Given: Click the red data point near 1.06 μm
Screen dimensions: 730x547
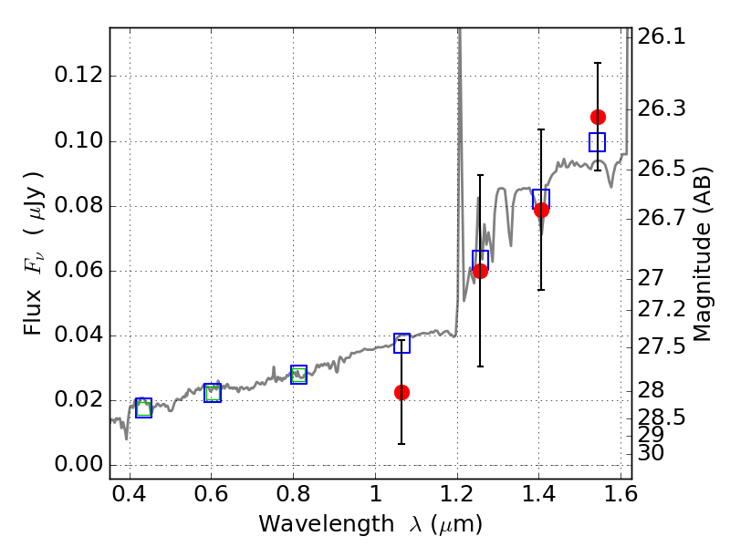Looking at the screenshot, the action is [x=401, y=393].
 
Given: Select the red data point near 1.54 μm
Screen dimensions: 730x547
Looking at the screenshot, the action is [x=598, y=118].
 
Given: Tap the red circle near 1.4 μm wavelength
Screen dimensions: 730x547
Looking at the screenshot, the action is [x=541, y=211].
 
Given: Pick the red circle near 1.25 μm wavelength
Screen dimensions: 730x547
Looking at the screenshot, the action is [x=480, y=271].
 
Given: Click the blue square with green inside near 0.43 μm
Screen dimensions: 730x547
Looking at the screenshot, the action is [x=144, y=408].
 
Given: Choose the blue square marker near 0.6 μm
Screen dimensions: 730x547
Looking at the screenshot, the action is [x=213, y=393].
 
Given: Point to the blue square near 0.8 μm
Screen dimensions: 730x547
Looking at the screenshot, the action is [x=299, y=375].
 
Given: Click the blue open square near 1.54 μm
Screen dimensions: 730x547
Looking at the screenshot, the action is [x=598, y=142].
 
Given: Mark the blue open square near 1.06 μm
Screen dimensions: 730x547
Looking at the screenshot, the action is [x=401, y=344].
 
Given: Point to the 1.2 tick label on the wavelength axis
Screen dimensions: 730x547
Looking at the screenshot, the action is [x=457, y=493].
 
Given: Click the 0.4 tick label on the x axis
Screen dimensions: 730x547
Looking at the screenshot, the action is [x=130, y=493].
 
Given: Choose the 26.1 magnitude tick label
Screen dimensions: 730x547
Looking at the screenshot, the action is [x=662, y=36].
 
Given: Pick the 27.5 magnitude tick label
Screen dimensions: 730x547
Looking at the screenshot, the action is [x=662, y=346].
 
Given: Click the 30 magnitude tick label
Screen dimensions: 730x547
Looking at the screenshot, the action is [x=651, y=452].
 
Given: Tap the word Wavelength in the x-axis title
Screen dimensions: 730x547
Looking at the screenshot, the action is [x=327, y=524].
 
